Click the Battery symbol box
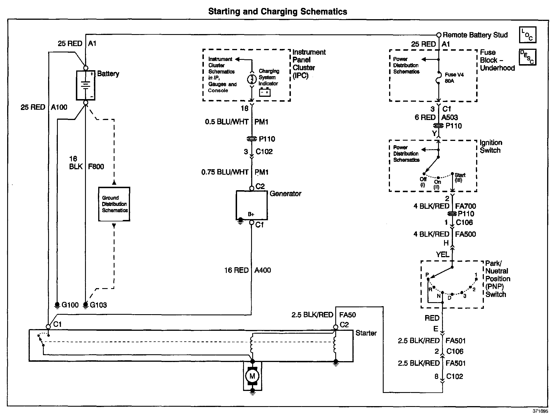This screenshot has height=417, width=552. pyautogui.click(x=86, y=85)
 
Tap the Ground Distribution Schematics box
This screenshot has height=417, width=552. pyautogui.click(x=114, y=204)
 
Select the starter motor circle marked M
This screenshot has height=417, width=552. pyautogui.click(x=252, y=376)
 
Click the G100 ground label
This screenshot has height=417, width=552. pyautogui.click(x=70, y=305)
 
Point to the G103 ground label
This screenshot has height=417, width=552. pyautogui.click(x=98, y=305)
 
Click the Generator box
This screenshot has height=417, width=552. pyautogui.click(x=252, y=205)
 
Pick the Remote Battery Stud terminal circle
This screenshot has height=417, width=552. pyautogui.click(x=439, y=35)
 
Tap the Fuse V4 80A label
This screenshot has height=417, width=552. pyautogui.click(x=454, y=78)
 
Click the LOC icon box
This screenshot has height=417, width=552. pyautogui.click(x=527, y=35)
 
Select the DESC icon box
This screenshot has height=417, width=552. pyautogui.click(x=527, y=57)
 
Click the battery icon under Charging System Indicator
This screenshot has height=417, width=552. pyautogui.click(x=265, y=93)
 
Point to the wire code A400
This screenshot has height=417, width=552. pyautogui.click(x=263, y=270)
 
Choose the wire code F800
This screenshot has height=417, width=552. pyautogui.click(x=96, y=167)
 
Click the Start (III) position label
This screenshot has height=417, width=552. pyautogui.click(x=460, y=178)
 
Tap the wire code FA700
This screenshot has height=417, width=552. pyautogui.click(x=466, y=206)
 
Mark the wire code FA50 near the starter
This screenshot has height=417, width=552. pyautogui.click(x=347, y=315)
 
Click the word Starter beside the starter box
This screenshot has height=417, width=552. pyautogui.click(x=366, y=333)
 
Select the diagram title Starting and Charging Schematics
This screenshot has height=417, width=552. pyautogui.click(x=277, y=11)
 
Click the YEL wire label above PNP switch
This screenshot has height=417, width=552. pyautogui.click(x=442, y=254)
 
